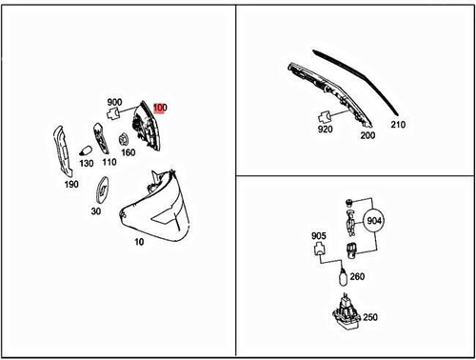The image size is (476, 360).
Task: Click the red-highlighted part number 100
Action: [160, 108]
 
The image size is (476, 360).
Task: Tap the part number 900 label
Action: [114, 102]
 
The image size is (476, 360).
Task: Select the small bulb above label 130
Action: [86, 150]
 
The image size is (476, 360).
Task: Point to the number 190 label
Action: [71, 184]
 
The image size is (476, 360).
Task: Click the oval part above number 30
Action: [103, 190]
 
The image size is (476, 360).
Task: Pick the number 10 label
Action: [139, 242]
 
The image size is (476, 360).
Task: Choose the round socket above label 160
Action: [123, 140]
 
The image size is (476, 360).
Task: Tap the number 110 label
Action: [109, 162]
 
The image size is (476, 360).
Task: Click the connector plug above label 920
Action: [325, 117]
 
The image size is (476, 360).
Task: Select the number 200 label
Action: [367, 135]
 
